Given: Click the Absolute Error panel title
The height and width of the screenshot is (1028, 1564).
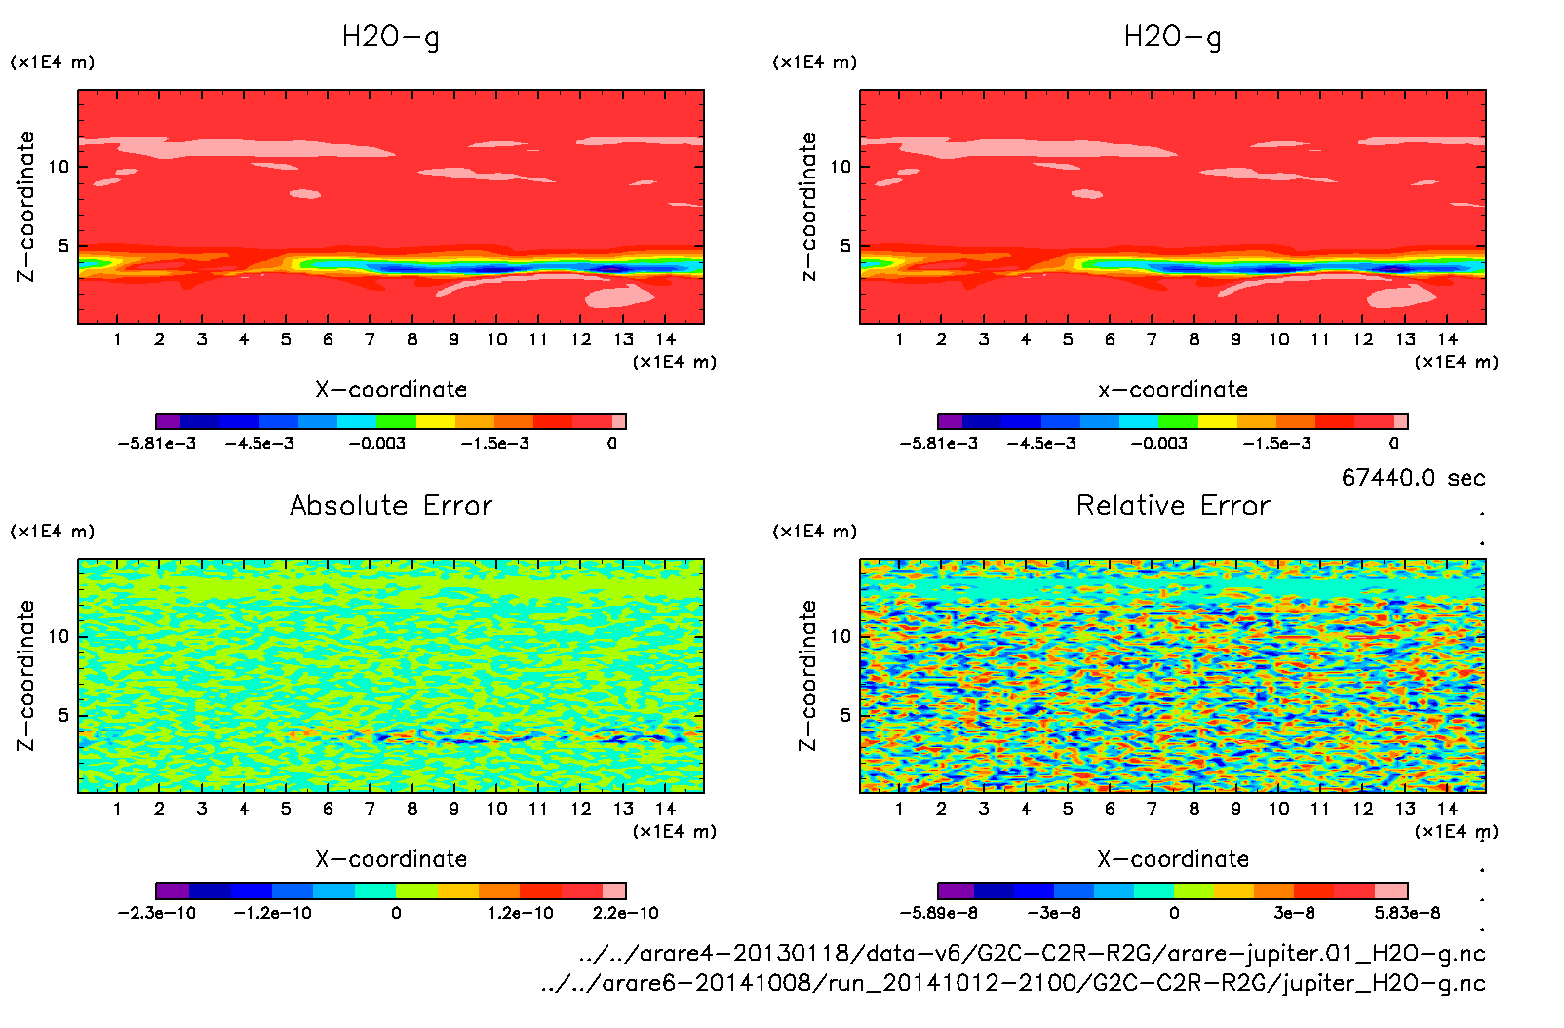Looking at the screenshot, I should pos(391,505).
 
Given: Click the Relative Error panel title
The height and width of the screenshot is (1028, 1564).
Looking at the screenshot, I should pos(1173,505).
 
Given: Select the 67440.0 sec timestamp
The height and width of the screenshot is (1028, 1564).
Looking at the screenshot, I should pos(1413,478).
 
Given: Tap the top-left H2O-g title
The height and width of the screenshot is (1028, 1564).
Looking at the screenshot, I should pos(391,37).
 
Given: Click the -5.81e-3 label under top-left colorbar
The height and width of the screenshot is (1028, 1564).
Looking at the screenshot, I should pos(157,444).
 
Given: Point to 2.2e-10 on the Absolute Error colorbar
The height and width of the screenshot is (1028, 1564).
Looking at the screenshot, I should pos(625,914).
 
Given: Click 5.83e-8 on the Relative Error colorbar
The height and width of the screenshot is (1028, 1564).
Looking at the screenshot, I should pos(1407,914).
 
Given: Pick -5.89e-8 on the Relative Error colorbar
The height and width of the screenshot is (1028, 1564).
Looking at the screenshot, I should pos(939,914).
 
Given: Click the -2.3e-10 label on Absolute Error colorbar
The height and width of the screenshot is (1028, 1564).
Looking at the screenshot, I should pos(157,914).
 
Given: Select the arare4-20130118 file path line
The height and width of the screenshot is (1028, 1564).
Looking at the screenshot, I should pos(1032,953).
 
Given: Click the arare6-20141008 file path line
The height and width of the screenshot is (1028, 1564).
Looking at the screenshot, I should pos(1013,983).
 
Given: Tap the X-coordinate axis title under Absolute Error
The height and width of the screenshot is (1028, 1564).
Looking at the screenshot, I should pos(391,859).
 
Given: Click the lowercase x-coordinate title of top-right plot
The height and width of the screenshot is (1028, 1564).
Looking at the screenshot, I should pos(1173,390).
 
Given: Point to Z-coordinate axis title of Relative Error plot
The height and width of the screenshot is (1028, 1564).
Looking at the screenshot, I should pos(807,675).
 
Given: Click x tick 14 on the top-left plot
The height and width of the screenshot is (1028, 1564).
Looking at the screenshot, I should pos(666,339).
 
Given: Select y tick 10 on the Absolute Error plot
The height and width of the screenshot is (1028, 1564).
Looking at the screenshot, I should pos(59,637).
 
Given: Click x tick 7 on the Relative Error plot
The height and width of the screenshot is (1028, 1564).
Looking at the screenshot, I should pos(1152,810).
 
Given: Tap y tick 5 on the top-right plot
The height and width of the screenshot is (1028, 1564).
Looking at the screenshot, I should pos(845,246).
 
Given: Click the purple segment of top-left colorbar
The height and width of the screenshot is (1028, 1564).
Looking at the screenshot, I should pos(169,421).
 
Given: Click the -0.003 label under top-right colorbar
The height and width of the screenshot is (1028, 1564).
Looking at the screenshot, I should pos(1159,444).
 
